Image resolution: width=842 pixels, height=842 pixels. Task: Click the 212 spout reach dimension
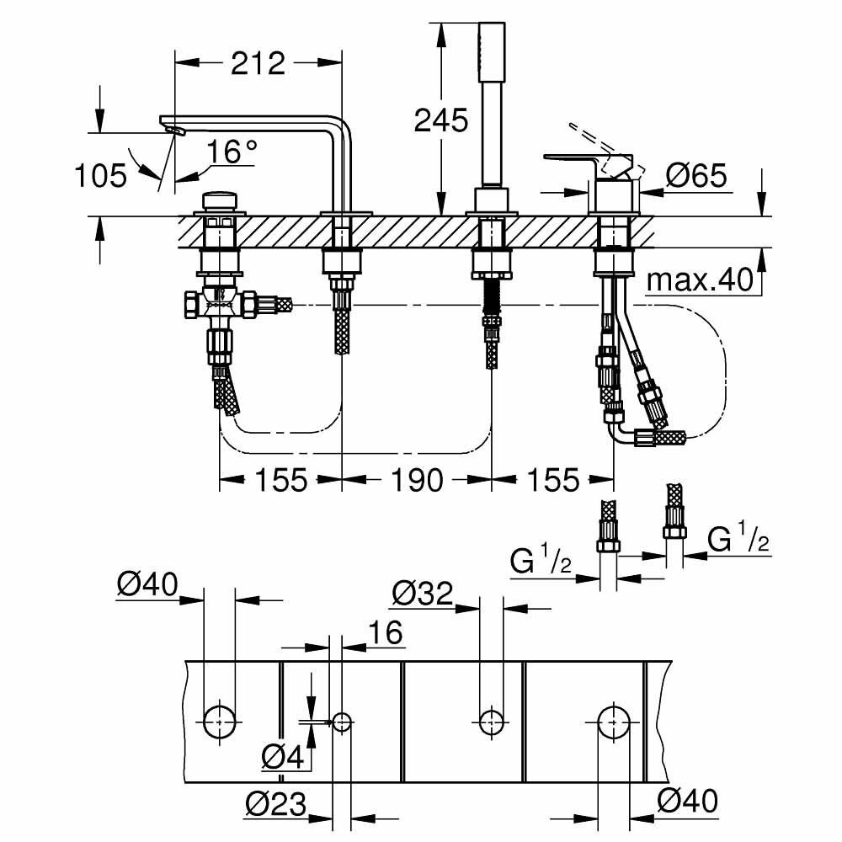[258, 63]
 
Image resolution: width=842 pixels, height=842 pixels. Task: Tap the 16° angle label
[232, 152]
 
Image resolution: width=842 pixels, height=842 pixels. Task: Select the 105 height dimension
[100, 176]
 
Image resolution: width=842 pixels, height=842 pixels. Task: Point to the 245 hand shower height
[440, 120]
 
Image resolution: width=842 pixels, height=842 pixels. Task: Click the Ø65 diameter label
[695, 176]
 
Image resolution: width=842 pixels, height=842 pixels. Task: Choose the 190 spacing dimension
[417, 481]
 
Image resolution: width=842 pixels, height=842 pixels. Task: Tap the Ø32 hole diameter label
[423, 595]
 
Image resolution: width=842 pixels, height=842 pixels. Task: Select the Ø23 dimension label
[275, 804]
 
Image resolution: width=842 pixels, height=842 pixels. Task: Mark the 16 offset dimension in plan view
[385, 632]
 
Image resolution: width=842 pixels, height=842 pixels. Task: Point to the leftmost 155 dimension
[280, 481]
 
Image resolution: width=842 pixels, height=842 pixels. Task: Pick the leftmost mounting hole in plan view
[220, 721]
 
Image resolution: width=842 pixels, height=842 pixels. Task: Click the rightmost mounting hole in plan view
[614, 721]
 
